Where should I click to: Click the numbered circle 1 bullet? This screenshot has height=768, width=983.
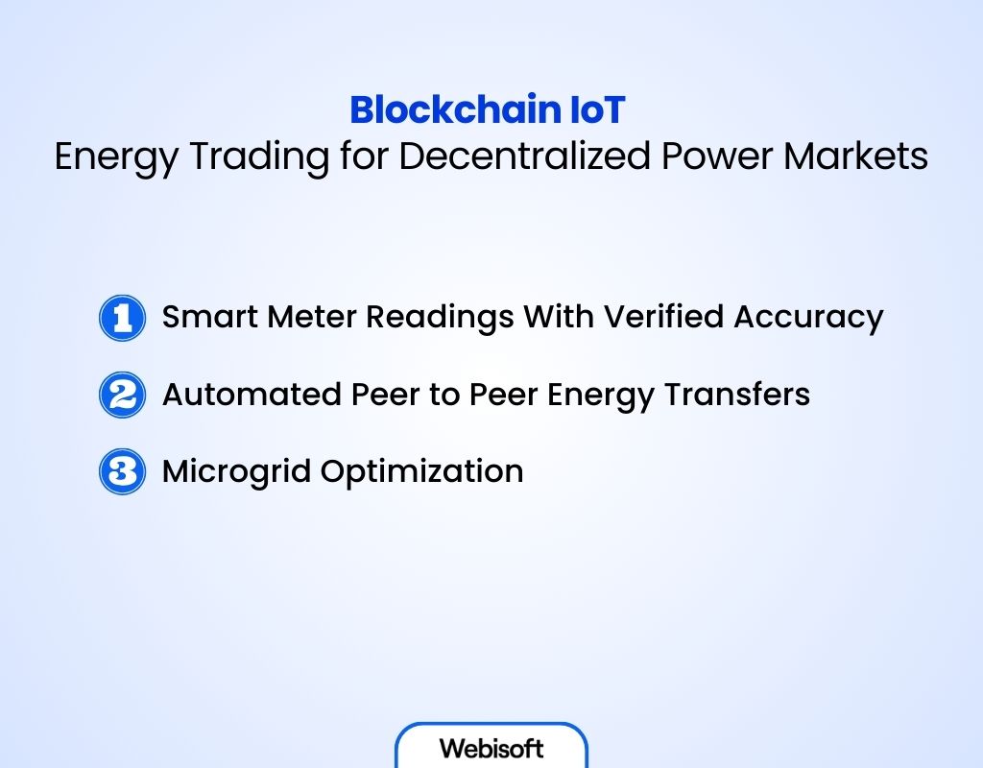(122, 318)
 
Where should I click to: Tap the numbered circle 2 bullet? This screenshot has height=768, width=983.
(122, 395)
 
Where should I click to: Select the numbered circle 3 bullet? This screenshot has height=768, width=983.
(122, 471)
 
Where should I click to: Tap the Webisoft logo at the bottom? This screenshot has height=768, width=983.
(491, 748)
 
